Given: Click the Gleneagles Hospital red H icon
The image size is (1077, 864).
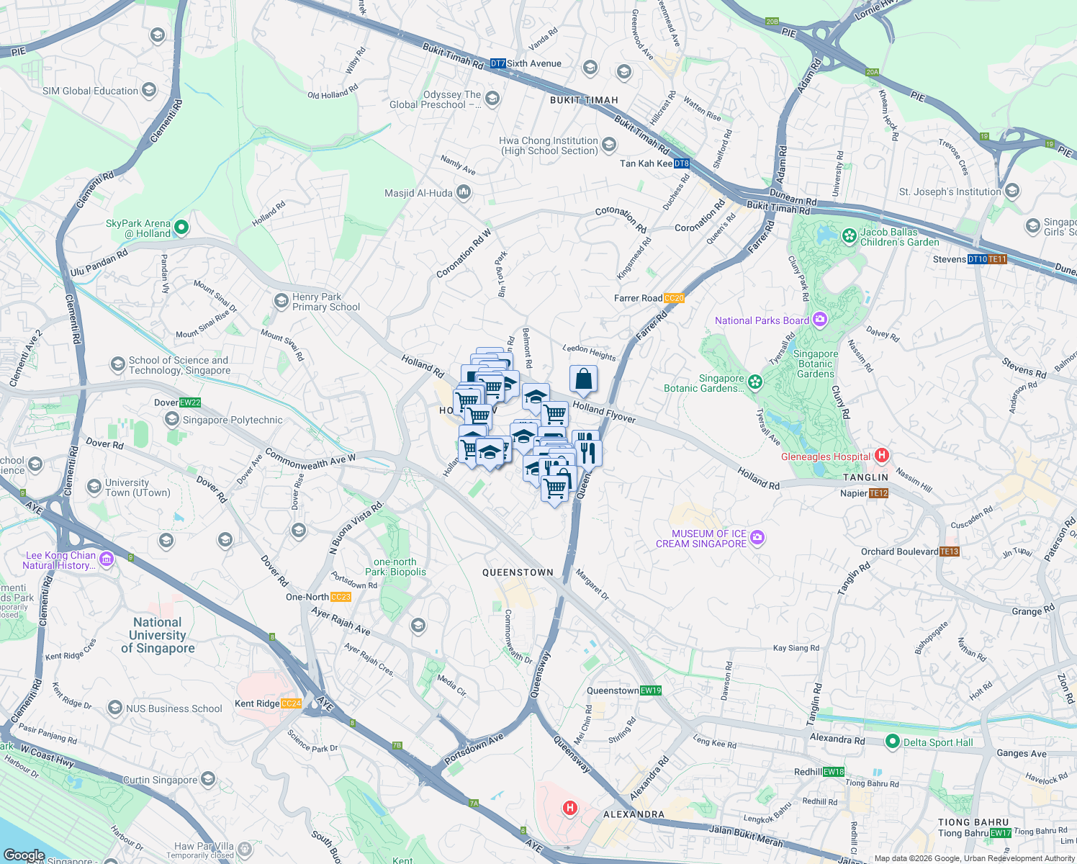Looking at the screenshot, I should [x=882, y=456].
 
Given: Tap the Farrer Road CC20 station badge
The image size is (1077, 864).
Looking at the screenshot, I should [x=674, y=298].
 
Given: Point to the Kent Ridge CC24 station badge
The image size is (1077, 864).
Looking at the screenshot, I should [x=291, y=703].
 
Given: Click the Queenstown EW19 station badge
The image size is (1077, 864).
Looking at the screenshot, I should [x=651, y=690].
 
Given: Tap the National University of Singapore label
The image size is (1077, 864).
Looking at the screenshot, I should [x=158, y=635].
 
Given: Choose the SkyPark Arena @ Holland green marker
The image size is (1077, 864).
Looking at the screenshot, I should [x=181, y=228].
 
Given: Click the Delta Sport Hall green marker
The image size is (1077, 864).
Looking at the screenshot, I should [x=893, y=742].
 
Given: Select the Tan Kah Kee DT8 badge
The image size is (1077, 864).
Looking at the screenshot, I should [x=682, y=163].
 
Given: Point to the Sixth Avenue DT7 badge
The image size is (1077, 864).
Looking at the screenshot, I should [x=497, y=63].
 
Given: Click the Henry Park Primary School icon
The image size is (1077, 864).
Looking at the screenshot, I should [x=281, y=300].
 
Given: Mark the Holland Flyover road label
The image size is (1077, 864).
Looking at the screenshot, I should [x=604, y=413].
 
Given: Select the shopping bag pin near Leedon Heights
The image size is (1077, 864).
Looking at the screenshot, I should [x=583, y=379].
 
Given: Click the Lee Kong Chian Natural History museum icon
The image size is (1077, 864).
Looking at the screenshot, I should [x=107, y=559].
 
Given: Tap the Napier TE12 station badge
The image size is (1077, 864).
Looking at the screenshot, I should [x=879, y=493].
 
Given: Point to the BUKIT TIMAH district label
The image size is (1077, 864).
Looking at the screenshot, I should [x=584, y=100].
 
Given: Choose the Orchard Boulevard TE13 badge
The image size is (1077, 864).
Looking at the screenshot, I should [x=950, y=552].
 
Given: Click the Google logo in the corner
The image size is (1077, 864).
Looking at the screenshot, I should [x=24, y=855].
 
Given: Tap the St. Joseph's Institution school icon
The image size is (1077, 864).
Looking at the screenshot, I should [x=1012, y=191].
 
